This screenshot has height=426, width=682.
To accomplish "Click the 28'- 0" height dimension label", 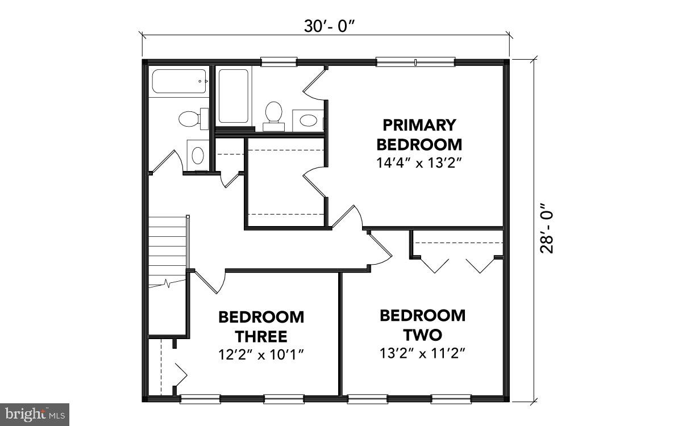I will pyautogui.click(x=546, y=228).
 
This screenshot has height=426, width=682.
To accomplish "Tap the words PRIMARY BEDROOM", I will pyautogui.click(x=419, y=133).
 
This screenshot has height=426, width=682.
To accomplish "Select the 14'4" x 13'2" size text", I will pyautogui.click(x=418, y=162).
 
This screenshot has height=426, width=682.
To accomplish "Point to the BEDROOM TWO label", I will pyautogui.click(x=422, y=324).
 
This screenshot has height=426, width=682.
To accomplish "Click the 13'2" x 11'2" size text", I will pyautogui.click(x=423, y=353).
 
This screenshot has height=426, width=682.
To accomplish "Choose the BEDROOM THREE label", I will pyautogui.click(x=261, y=326).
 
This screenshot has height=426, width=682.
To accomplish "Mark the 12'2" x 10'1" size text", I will pyautogui.click(x=261, y=355).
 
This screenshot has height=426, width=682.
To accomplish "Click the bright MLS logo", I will pyautogui.click(x=34, y=414).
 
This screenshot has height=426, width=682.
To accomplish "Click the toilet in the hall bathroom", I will pyautogui.click(x=189, y=119).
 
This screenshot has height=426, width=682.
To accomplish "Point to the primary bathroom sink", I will pyautogui.click(x=309, y=120).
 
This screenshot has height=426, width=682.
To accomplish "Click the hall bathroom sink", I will pyautogui.click(x=198, y=154).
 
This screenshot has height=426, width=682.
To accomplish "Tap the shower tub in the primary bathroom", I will pyautogui.click(x=233, y=96).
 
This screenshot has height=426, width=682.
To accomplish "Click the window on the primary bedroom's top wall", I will pyautogui.click(x=415, y=62).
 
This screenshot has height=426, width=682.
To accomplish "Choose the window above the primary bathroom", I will pyautogui.click(x=278, y=61).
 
